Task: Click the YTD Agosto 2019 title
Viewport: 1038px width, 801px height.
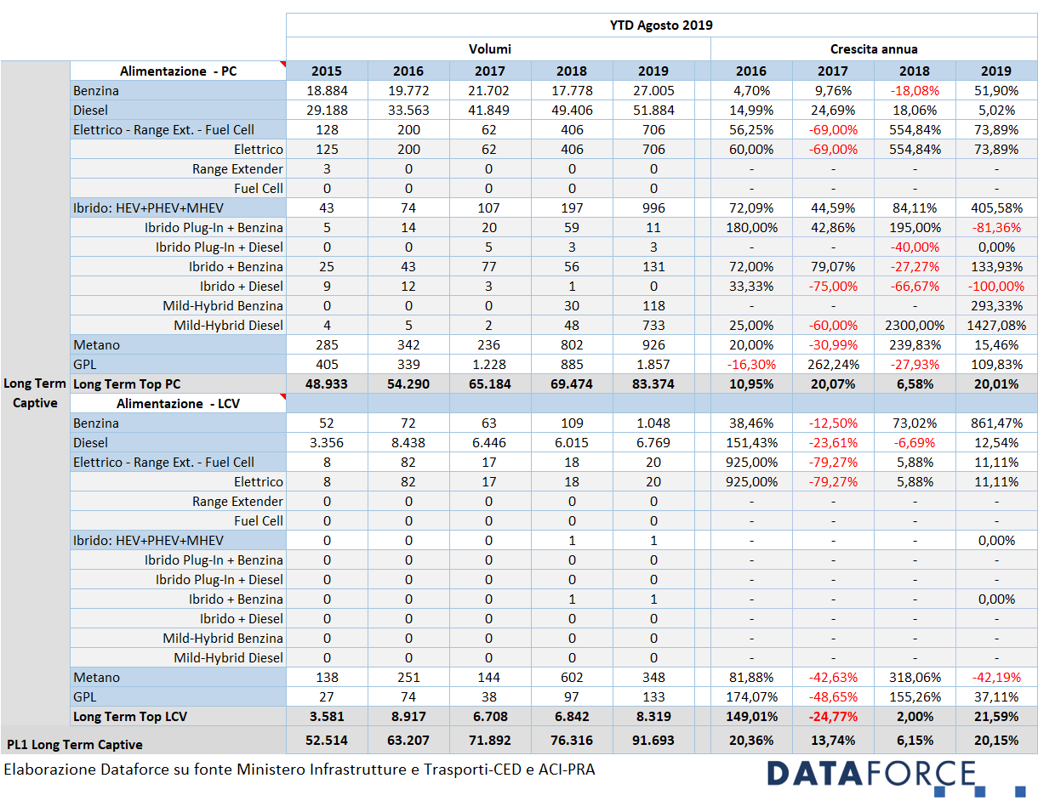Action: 661,26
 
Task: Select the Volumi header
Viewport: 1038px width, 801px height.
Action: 489,49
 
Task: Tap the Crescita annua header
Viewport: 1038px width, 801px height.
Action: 874,49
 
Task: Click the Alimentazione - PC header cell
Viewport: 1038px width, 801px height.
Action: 178,71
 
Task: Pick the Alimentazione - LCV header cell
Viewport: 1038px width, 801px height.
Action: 178,404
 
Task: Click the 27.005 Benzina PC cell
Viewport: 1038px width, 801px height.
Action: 653,91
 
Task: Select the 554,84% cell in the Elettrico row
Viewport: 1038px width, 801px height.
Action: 915,150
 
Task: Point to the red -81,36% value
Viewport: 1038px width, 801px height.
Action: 996,228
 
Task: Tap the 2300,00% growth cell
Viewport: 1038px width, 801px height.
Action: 915,326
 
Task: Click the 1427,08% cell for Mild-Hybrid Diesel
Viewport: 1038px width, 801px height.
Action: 996,326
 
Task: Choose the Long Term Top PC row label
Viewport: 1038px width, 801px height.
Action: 127,384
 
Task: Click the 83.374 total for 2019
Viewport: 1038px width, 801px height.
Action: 653,384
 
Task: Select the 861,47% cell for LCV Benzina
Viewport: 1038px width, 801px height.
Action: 996,423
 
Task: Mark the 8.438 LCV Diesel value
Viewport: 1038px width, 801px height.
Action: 408,443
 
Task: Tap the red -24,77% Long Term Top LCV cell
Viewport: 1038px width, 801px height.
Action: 833,717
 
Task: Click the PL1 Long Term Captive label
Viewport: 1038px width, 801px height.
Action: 75,745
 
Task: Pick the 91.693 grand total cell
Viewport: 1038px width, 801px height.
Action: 653,741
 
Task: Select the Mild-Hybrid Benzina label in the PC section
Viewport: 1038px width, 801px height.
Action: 223,306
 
